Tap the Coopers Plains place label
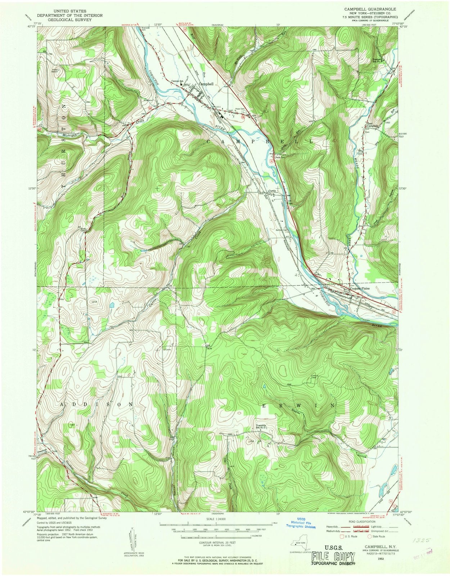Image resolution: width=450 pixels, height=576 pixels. click(362, 288)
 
